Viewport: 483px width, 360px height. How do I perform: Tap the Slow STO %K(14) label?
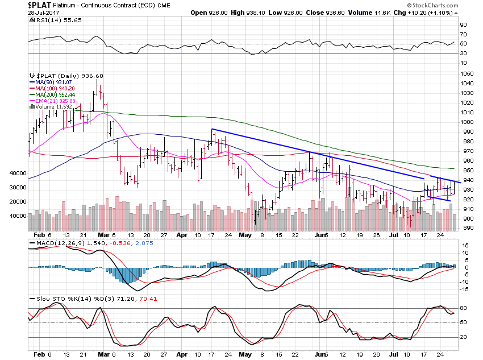57,298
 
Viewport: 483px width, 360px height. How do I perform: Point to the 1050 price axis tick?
467,74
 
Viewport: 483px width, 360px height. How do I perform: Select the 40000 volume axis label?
13,173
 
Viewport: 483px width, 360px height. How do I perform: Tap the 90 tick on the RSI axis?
464,25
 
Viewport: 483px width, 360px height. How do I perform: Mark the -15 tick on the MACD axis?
464,289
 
